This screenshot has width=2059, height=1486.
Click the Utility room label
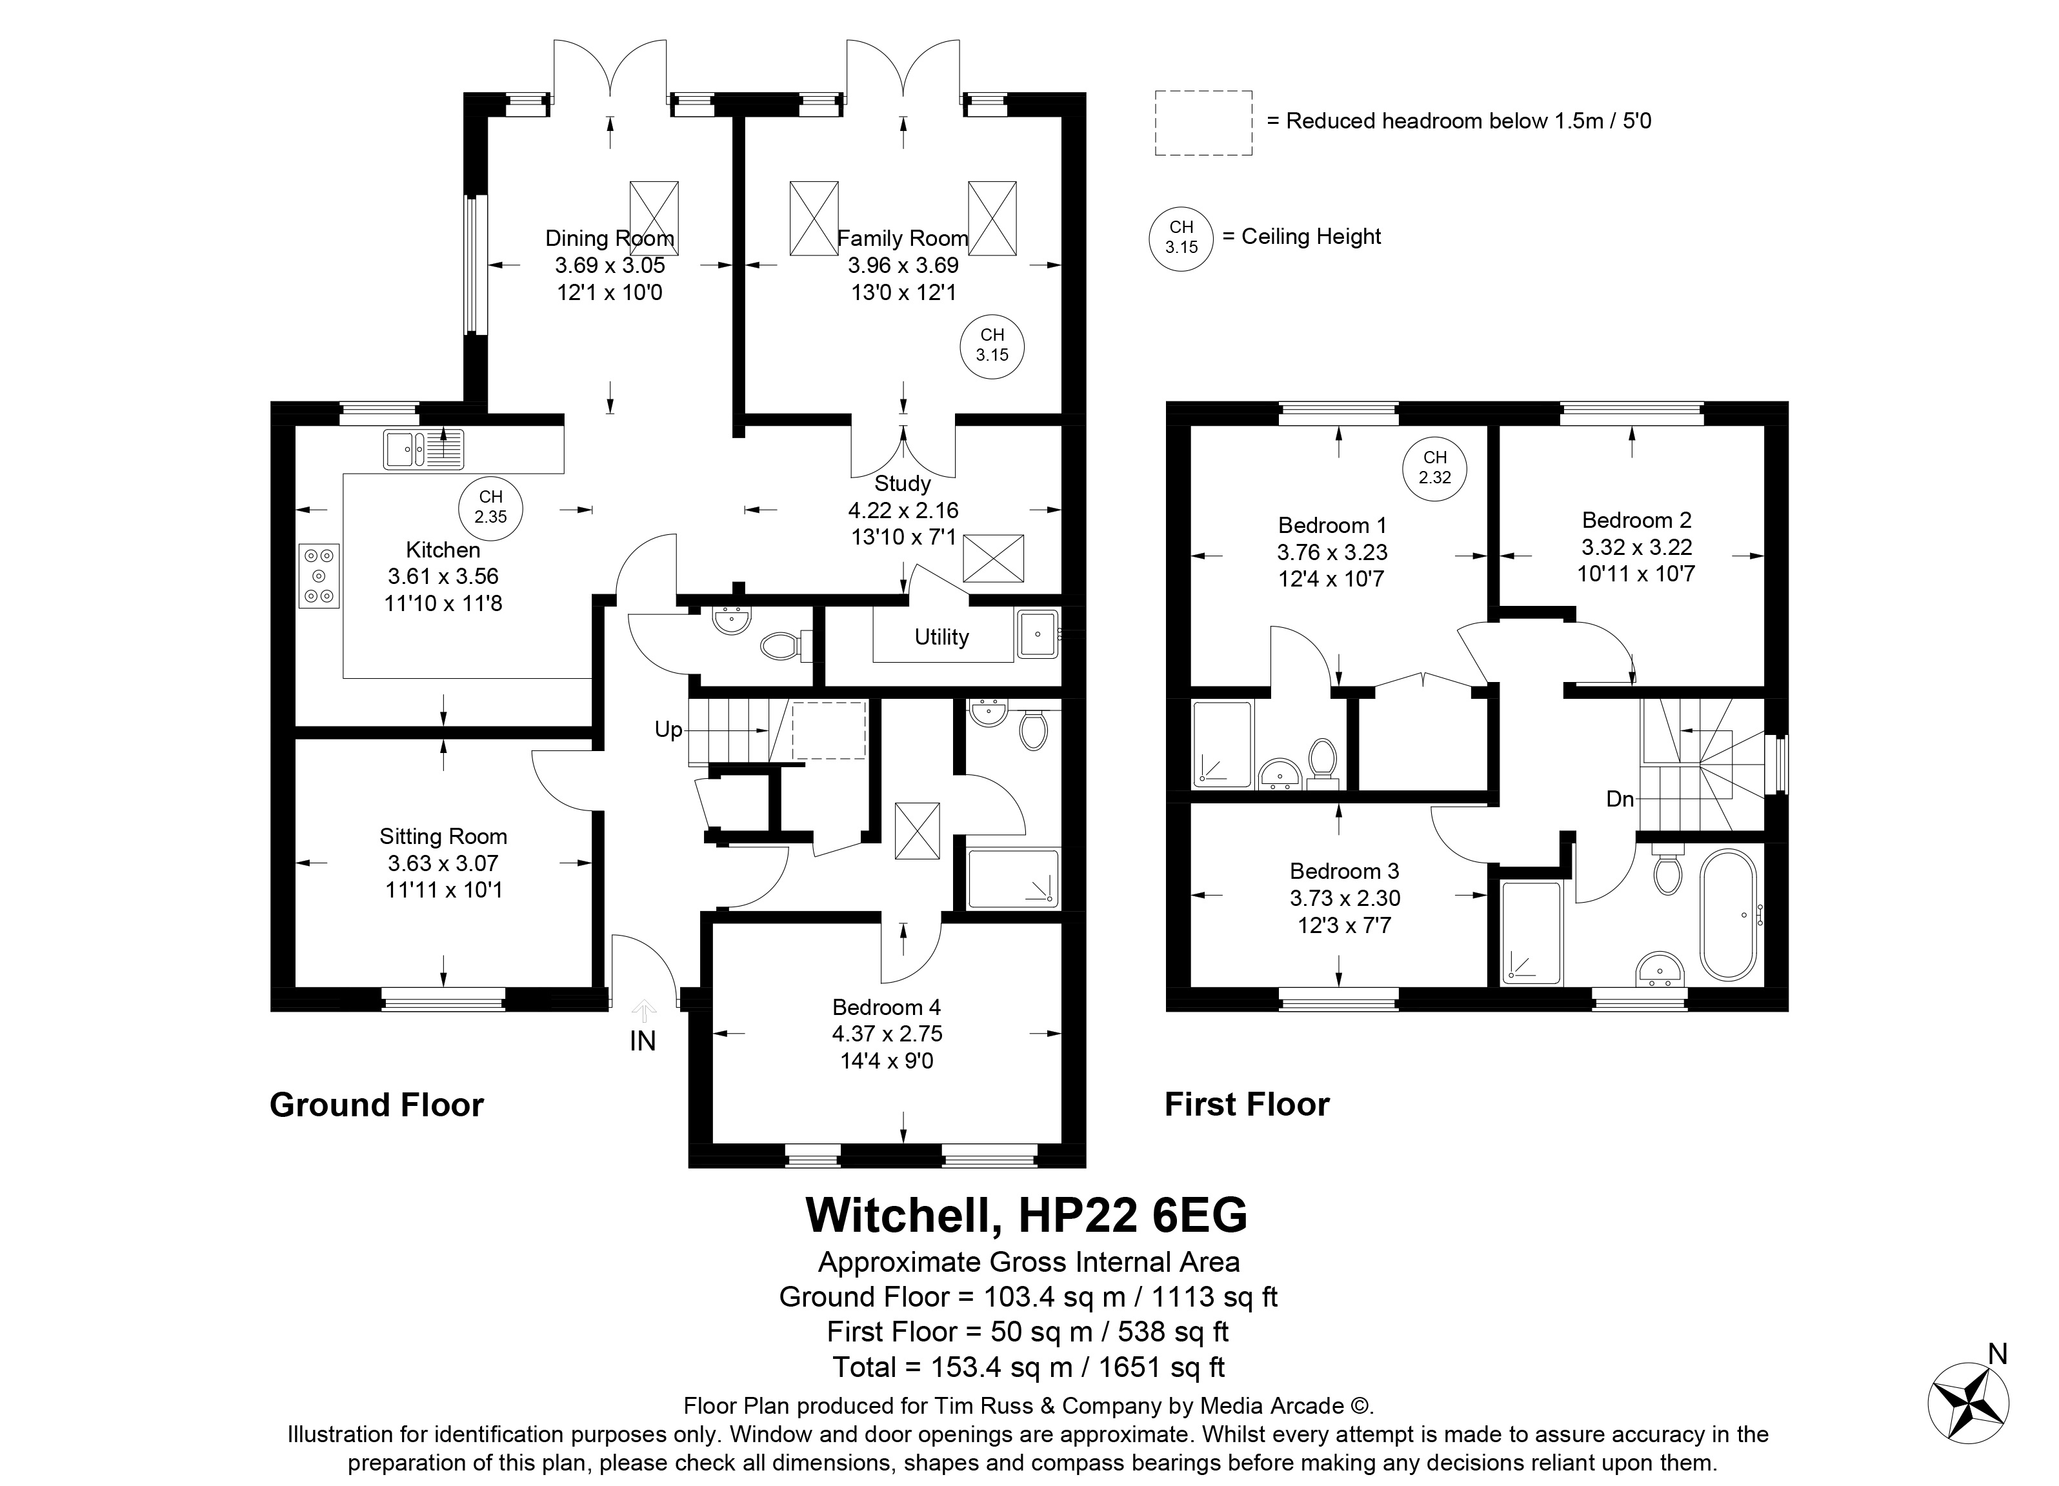(941, 638)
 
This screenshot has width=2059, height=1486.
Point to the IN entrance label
(643, 1041)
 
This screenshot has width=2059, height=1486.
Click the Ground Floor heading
(377, 1105)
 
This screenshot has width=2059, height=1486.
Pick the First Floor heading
(1247, 1105)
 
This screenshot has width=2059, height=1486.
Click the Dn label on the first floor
(1620, 799)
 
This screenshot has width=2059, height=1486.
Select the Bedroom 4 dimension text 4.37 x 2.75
(887, 1034)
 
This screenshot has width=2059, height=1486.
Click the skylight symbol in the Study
(993, 558)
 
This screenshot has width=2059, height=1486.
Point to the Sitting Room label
(443, 836)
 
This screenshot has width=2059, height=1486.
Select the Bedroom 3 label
(1345, 872)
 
